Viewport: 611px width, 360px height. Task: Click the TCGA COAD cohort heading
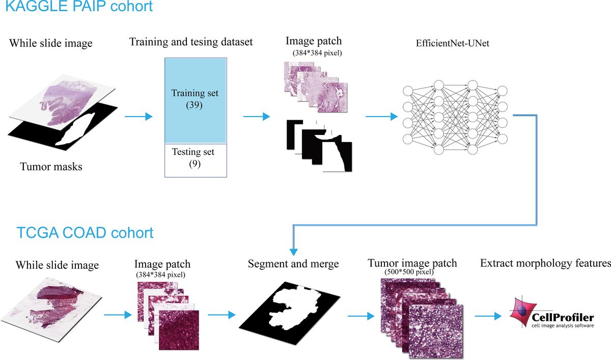tap(76, 233)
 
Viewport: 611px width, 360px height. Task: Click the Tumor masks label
tap(51, 166)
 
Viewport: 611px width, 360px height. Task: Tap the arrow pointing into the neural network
tap(382, 117)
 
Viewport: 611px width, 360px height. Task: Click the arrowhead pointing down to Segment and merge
tap(294, 252)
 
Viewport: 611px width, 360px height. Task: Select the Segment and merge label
tap(293, 264)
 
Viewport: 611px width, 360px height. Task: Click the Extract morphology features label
tap(545, 264)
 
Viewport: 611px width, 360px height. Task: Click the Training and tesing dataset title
tap(191, 42)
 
